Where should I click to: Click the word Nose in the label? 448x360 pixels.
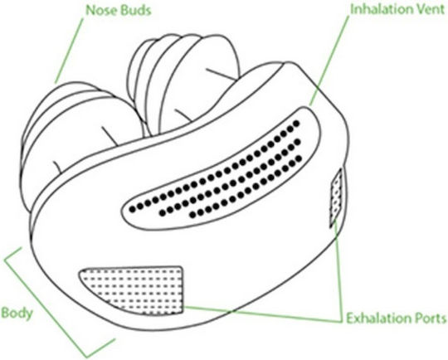[x=101, y=11]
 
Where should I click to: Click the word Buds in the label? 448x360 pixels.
[x=135, y=11]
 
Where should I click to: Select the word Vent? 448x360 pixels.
[x=428, y=10]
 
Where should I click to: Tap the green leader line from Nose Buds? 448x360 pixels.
[x=69, y=51]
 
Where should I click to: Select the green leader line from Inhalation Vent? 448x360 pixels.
[x=329, y=60]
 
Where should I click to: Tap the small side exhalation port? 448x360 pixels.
[x=336, y=197]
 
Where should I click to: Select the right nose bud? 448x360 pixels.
[x=183, y=83]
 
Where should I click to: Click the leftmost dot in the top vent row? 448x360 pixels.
[x=132, y=209]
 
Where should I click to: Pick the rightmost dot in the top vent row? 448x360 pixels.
[x=296, y=124]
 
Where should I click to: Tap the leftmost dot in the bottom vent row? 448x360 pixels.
[x=192, y=214]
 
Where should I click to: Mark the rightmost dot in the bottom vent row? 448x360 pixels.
[x=299, y=158]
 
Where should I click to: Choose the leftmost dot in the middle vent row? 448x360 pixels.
[x=163, y=212]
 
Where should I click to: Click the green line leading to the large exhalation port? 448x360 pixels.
[x=263, y=314]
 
